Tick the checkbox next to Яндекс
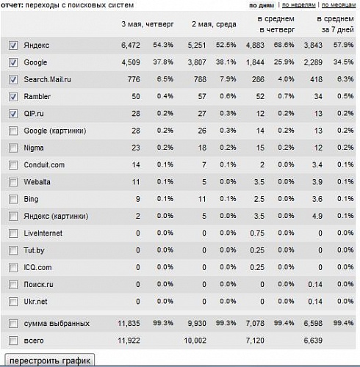tap(13, 46)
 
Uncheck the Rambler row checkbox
tap(13, 97)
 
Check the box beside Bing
tap(13, 199)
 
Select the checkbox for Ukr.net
tap(13, 302)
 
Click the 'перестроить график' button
tap(50, 360)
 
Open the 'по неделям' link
tap(299, 5)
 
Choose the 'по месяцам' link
tap(339, 5)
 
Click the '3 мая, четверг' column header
tap(148, 24)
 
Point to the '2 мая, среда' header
tap(214, 24)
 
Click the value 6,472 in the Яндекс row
tap(131, 46)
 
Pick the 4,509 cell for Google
tap(131, 62)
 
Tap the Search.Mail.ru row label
tap(48, 79)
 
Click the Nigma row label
tap(34, 148)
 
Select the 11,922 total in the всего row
tap(129, 341)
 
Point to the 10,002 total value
tap(195, 341)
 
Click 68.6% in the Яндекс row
tap(284, 45)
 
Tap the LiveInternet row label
tap(43, 233)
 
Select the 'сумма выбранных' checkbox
tap(13, 324)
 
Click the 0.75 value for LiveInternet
tap(257, 233)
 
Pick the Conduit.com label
tap(44, 165)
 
